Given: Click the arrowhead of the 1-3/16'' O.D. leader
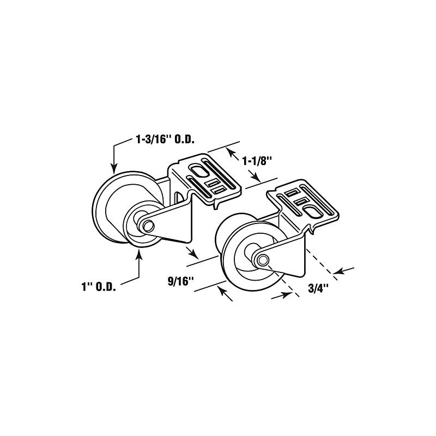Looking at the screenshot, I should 113,169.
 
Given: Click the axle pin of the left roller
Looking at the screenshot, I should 147,224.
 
